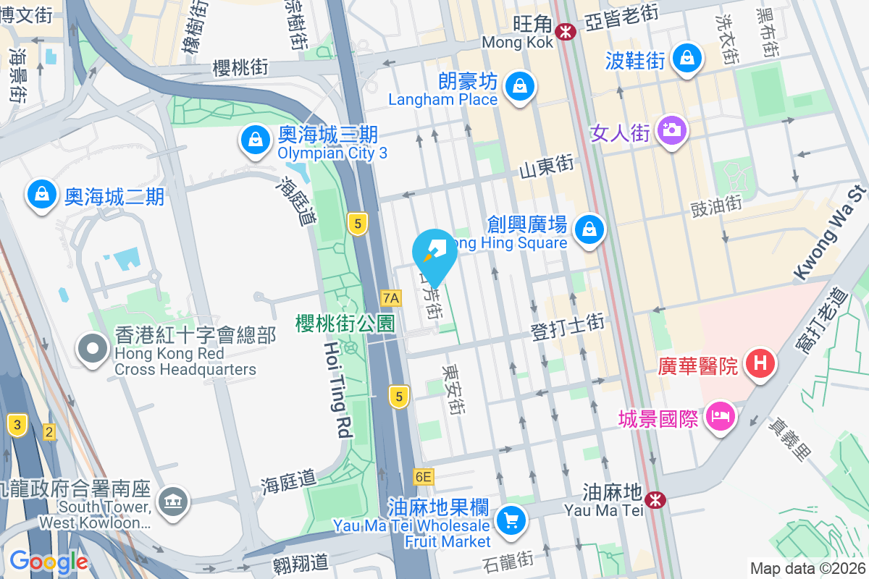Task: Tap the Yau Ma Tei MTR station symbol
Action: coord(655,499)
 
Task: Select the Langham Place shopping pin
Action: coord(519,86)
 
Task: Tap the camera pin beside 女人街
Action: coord(672,130)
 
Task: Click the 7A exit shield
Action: coord(391,297)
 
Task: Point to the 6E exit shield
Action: coord(424,477)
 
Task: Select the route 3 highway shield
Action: coord(17,424)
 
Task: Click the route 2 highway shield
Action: coord(49,432)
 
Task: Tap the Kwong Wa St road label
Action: coord(830,233)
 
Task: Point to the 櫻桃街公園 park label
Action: coord(345,324)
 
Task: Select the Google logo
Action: coord(49,561)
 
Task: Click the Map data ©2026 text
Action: coord(807,568)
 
